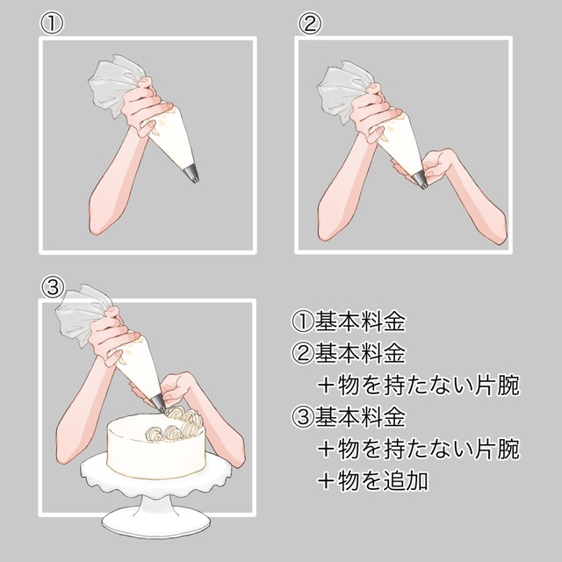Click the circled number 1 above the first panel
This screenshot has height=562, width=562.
tap(52, 24)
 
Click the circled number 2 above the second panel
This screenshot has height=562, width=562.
tap(310, 24)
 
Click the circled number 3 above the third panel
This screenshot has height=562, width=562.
tap(53, 287)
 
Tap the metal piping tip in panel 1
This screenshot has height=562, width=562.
tap(191, 175)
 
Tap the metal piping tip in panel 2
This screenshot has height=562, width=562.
tap(420, 180)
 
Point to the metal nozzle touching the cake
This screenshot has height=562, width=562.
tap(159, 404)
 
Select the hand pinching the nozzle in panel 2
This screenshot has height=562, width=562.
tap(437, 165)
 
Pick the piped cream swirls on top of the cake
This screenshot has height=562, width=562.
tap(176, 424)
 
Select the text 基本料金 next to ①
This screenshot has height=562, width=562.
tap(360, 321)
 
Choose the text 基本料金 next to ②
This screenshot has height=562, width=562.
tap(360, 353)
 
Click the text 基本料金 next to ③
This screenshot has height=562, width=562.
tap(360, 416)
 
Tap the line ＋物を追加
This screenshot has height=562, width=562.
tap(372, 480)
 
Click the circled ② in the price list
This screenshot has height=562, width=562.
tap(302, 353)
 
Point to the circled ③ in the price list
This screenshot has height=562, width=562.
tap(302, 417)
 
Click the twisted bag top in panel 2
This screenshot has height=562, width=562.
tap(342, 91)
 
